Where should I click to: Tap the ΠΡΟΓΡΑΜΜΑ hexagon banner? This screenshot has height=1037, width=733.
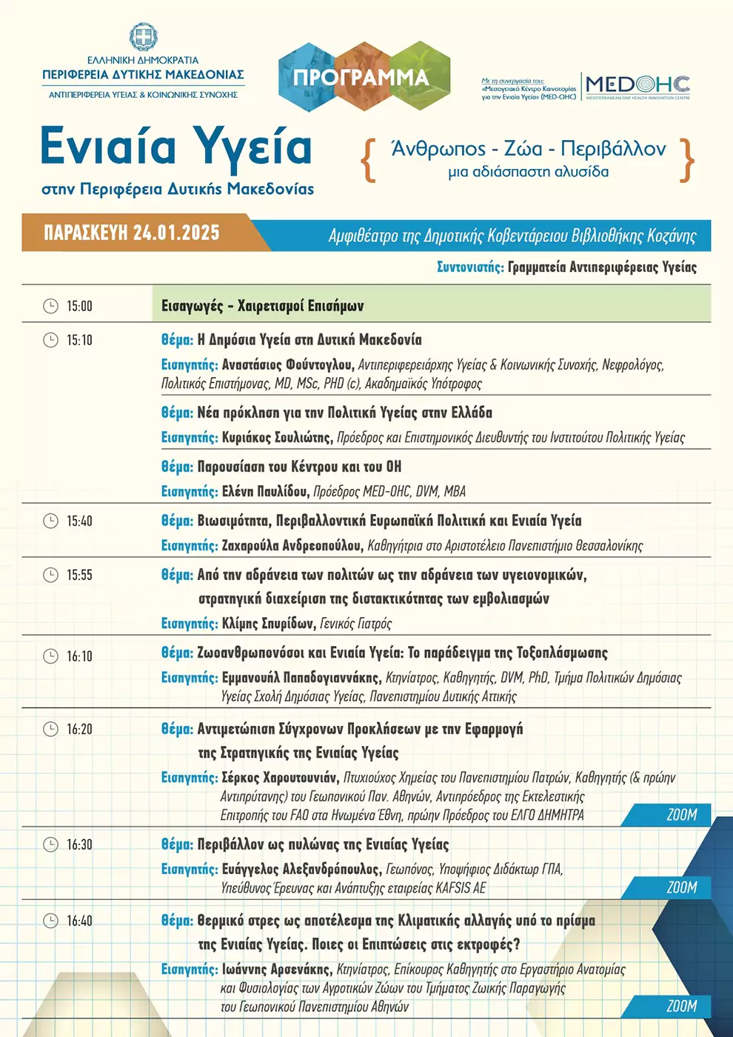361,77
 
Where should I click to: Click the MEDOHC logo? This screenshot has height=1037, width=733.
637,87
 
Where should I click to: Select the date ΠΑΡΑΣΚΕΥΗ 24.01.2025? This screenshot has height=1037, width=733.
132,233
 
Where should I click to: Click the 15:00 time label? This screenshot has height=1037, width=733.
79,307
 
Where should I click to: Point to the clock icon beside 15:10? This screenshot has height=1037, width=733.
50,340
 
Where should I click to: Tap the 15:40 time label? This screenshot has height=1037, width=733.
79,521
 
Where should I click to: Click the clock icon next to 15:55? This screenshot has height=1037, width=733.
50,575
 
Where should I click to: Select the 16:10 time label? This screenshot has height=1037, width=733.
79,656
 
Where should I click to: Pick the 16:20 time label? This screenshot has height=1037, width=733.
79,730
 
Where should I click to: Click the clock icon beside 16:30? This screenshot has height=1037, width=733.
50,844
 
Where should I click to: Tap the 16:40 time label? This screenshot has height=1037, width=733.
79,921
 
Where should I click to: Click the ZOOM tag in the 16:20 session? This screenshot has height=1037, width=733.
682,815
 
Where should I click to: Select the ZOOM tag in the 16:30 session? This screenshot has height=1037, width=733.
682,887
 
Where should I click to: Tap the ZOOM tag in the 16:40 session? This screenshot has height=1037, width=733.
682,1006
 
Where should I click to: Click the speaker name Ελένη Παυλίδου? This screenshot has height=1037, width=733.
264,492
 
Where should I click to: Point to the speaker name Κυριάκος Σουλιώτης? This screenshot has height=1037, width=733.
276,438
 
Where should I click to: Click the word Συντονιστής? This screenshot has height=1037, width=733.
470,267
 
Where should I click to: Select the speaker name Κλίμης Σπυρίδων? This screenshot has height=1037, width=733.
268,624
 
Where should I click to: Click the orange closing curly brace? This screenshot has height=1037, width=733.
687,160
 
